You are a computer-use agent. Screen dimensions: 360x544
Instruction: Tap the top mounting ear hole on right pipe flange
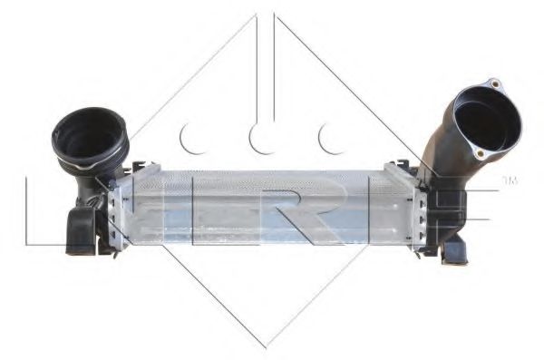pyautogui.click(x=494, y=84)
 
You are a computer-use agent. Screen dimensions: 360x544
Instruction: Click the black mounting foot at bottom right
pyautogui.click(x=451, y=253)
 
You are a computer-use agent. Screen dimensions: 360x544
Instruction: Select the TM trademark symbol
pyautogui.click(x=510, y=181)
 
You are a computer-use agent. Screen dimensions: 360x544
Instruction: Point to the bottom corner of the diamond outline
pyautogui.click(x=266, y=346)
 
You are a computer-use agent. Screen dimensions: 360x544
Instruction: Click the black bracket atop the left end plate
pyautogui.click(x=136, y=169)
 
